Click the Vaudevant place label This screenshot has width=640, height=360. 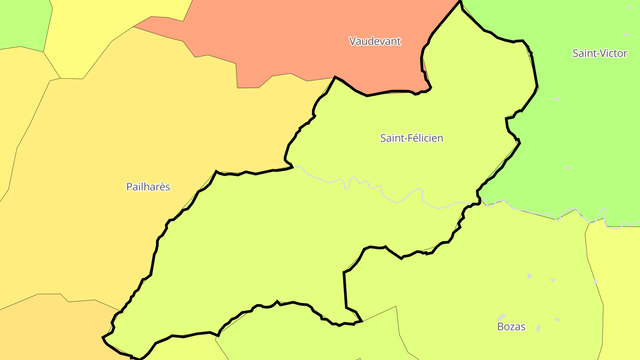point(375,41)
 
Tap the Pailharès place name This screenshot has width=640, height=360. point(148,187)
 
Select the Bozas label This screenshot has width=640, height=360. point(511,327)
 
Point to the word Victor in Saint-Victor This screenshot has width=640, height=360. point(613,53)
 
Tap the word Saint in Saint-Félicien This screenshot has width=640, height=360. point(391,138)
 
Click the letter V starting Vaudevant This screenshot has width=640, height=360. point(352,41)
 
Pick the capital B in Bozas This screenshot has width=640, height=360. point(500,327)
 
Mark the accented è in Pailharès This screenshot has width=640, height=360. point(161,187)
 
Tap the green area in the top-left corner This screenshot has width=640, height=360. point(22,22)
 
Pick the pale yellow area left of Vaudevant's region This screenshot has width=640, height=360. point(89,36)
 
